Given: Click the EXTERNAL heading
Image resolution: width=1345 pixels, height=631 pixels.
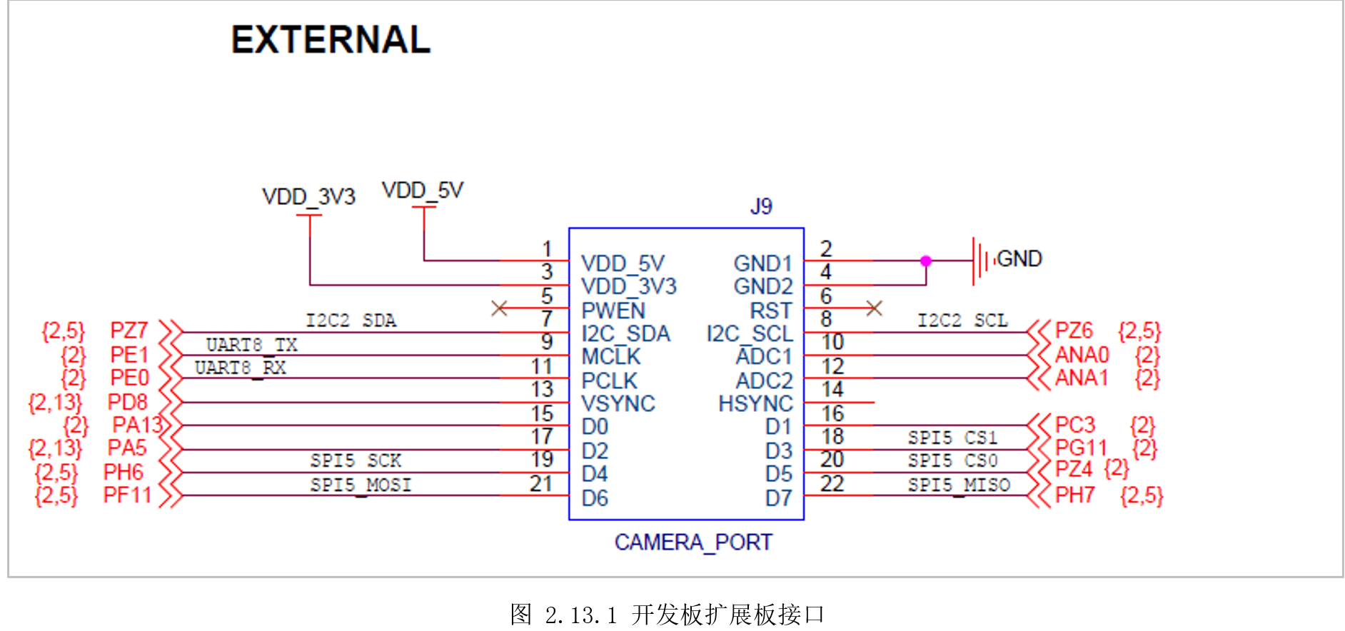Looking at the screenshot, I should [x=331, y=40].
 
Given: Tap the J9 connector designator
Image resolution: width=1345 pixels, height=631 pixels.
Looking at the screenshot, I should [x=761, y=206].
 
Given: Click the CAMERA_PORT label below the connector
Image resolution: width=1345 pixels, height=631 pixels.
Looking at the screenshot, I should [x=693, y=542].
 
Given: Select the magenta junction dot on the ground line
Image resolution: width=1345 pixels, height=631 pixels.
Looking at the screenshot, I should [x=926, y=261].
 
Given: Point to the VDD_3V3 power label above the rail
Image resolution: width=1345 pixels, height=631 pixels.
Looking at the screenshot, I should [x=308, y=196].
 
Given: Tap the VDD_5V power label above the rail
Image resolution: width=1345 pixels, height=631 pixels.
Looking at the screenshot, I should [x=423, y=191].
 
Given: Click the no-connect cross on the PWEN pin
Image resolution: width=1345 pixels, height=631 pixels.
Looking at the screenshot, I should [x=500, y=308].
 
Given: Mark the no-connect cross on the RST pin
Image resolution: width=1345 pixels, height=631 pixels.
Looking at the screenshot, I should [x=874, y=308].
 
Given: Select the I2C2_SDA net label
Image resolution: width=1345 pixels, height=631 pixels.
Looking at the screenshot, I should [x=351, y=320].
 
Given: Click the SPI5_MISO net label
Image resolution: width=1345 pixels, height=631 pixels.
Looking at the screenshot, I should [x=959, y=485].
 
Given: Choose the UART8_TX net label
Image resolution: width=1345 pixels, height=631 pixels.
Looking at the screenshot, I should [x=251, y=345].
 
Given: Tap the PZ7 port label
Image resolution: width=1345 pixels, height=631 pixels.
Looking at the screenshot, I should [x=129, y=330].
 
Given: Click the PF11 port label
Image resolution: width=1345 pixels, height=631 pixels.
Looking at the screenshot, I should [x=127, y=495].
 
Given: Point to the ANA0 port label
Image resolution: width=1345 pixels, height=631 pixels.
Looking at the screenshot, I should [x=1082, y=355].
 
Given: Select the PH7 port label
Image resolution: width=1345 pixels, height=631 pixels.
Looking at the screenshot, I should [x=1074, y=495].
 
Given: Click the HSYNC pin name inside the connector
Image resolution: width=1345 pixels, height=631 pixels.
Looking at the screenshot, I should [x=755, y=404].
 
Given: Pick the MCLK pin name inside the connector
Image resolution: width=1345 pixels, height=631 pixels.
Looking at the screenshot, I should [x=611, y=356].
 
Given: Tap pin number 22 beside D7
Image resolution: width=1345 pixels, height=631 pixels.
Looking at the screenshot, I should [x=832, y=484].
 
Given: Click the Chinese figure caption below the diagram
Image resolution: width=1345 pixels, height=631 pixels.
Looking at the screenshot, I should [x=668, y=614].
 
